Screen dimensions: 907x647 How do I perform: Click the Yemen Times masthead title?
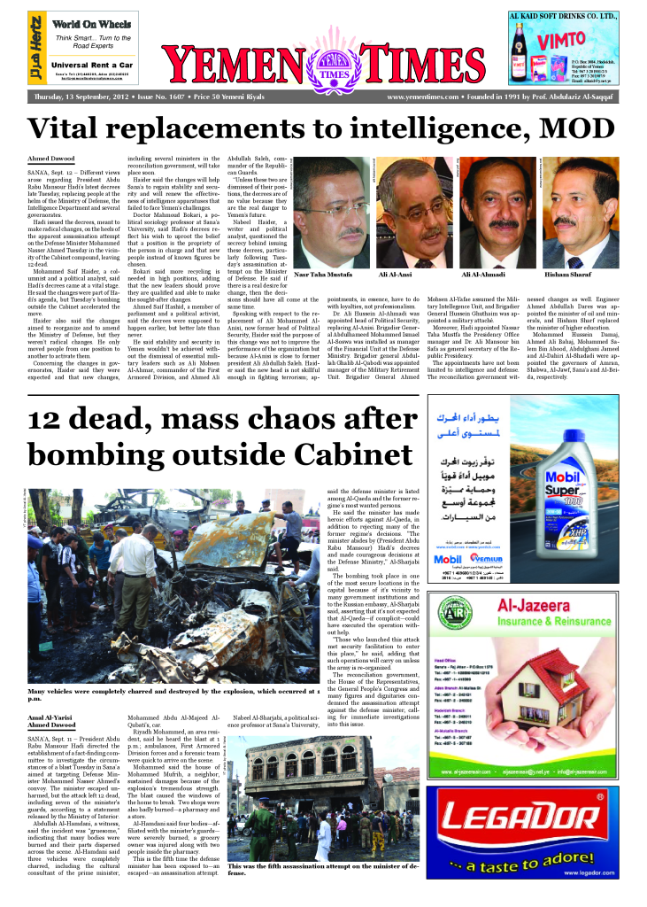click(324, 65)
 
